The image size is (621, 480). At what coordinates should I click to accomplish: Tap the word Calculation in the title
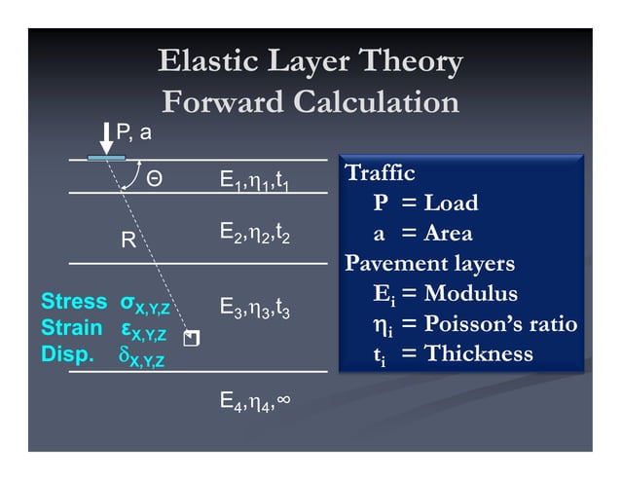[x=376, y=101]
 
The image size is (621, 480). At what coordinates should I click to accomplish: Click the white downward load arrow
[x=106, y=137]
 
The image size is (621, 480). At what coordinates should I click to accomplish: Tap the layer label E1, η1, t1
[x=255, y=181]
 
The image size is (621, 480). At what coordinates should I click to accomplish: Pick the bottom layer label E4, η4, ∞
[x=255, y=401]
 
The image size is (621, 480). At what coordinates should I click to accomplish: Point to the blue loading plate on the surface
[x=106, y=157]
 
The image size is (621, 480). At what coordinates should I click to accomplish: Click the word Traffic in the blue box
[x=381, y=174]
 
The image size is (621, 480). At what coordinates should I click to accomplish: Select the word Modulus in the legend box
[x=471, y=293]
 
